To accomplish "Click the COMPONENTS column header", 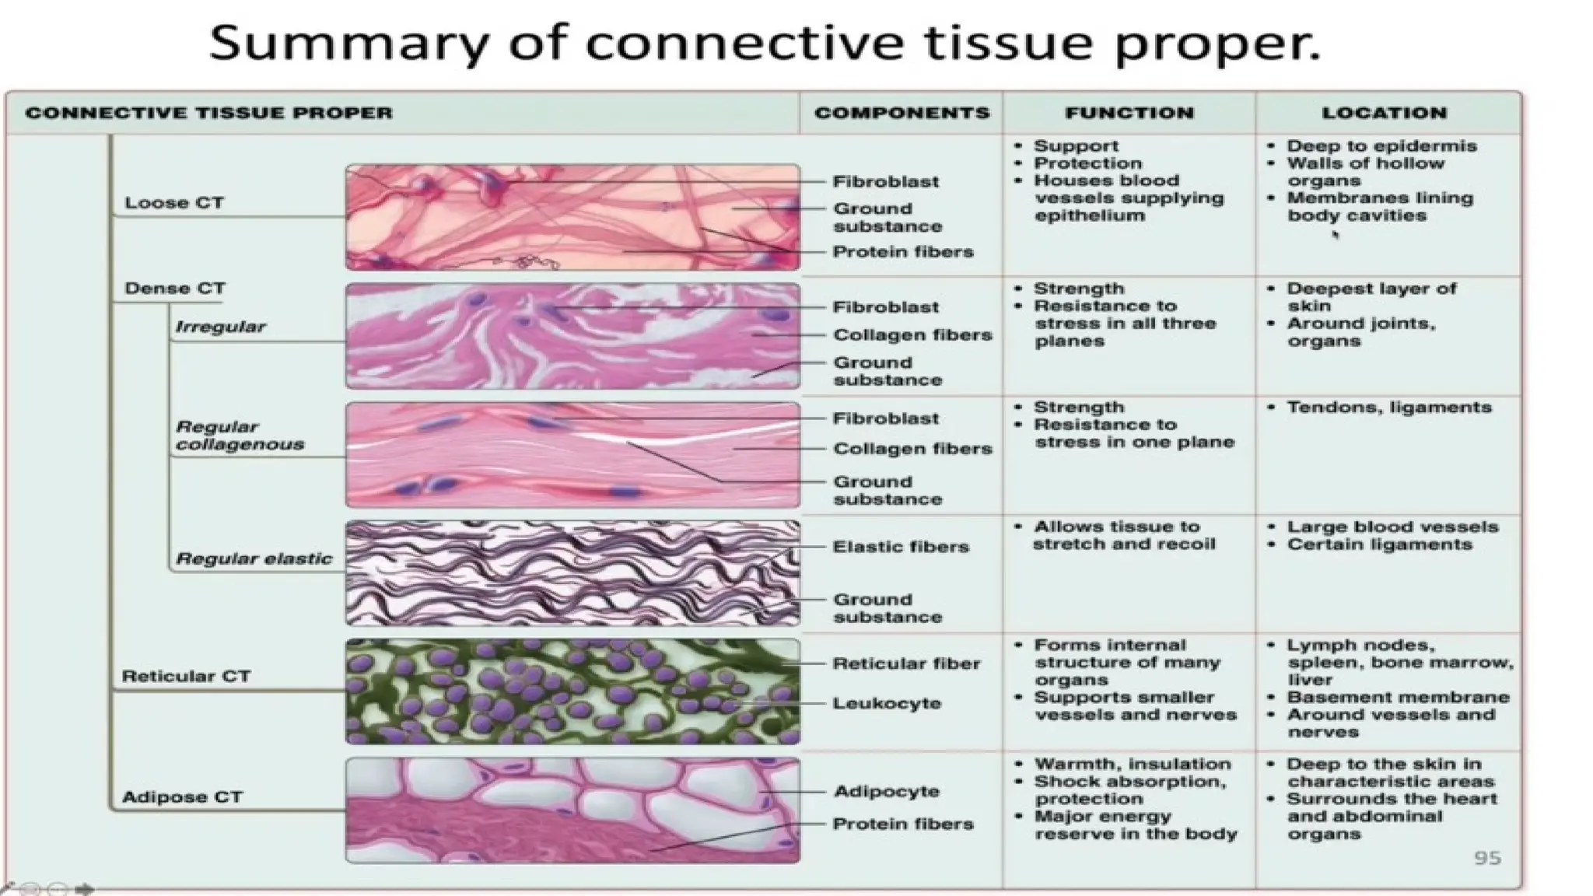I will [x=902, y=113].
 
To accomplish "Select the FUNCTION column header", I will [x=1129, y=113].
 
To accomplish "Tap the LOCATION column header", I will [x=1384, y=113].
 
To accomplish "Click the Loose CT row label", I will [x=174, y=203].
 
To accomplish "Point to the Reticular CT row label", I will [x=186, y=676].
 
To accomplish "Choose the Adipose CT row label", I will [x=182, y=797].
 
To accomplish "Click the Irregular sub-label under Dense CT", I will [x=220, y=327].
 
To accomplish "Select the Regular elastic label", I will [x=254, y=558].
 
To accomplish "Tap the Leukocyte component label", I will [x=887, y=703].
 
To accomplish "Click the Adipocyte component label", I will [x=887, y=791].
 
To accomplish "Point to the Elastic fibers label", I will [x=901, y=547].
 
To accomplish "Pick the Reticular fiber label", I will [x=906, y=663].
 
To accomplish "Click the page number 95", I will [x=1487, y=858].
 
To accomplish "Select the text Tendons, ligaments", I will [x=1388, y=408].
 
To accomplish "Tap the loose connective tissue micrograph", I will [x=572, y=217].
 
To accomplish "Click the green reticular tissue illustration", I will [x=572, y=691].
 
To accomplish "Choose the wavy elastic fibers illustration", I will [x=572, y=573].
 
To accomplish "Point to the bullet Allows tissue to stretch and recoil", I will [x=1123, y=535].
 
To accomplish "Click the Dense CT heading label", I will [x=174, y=289].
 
